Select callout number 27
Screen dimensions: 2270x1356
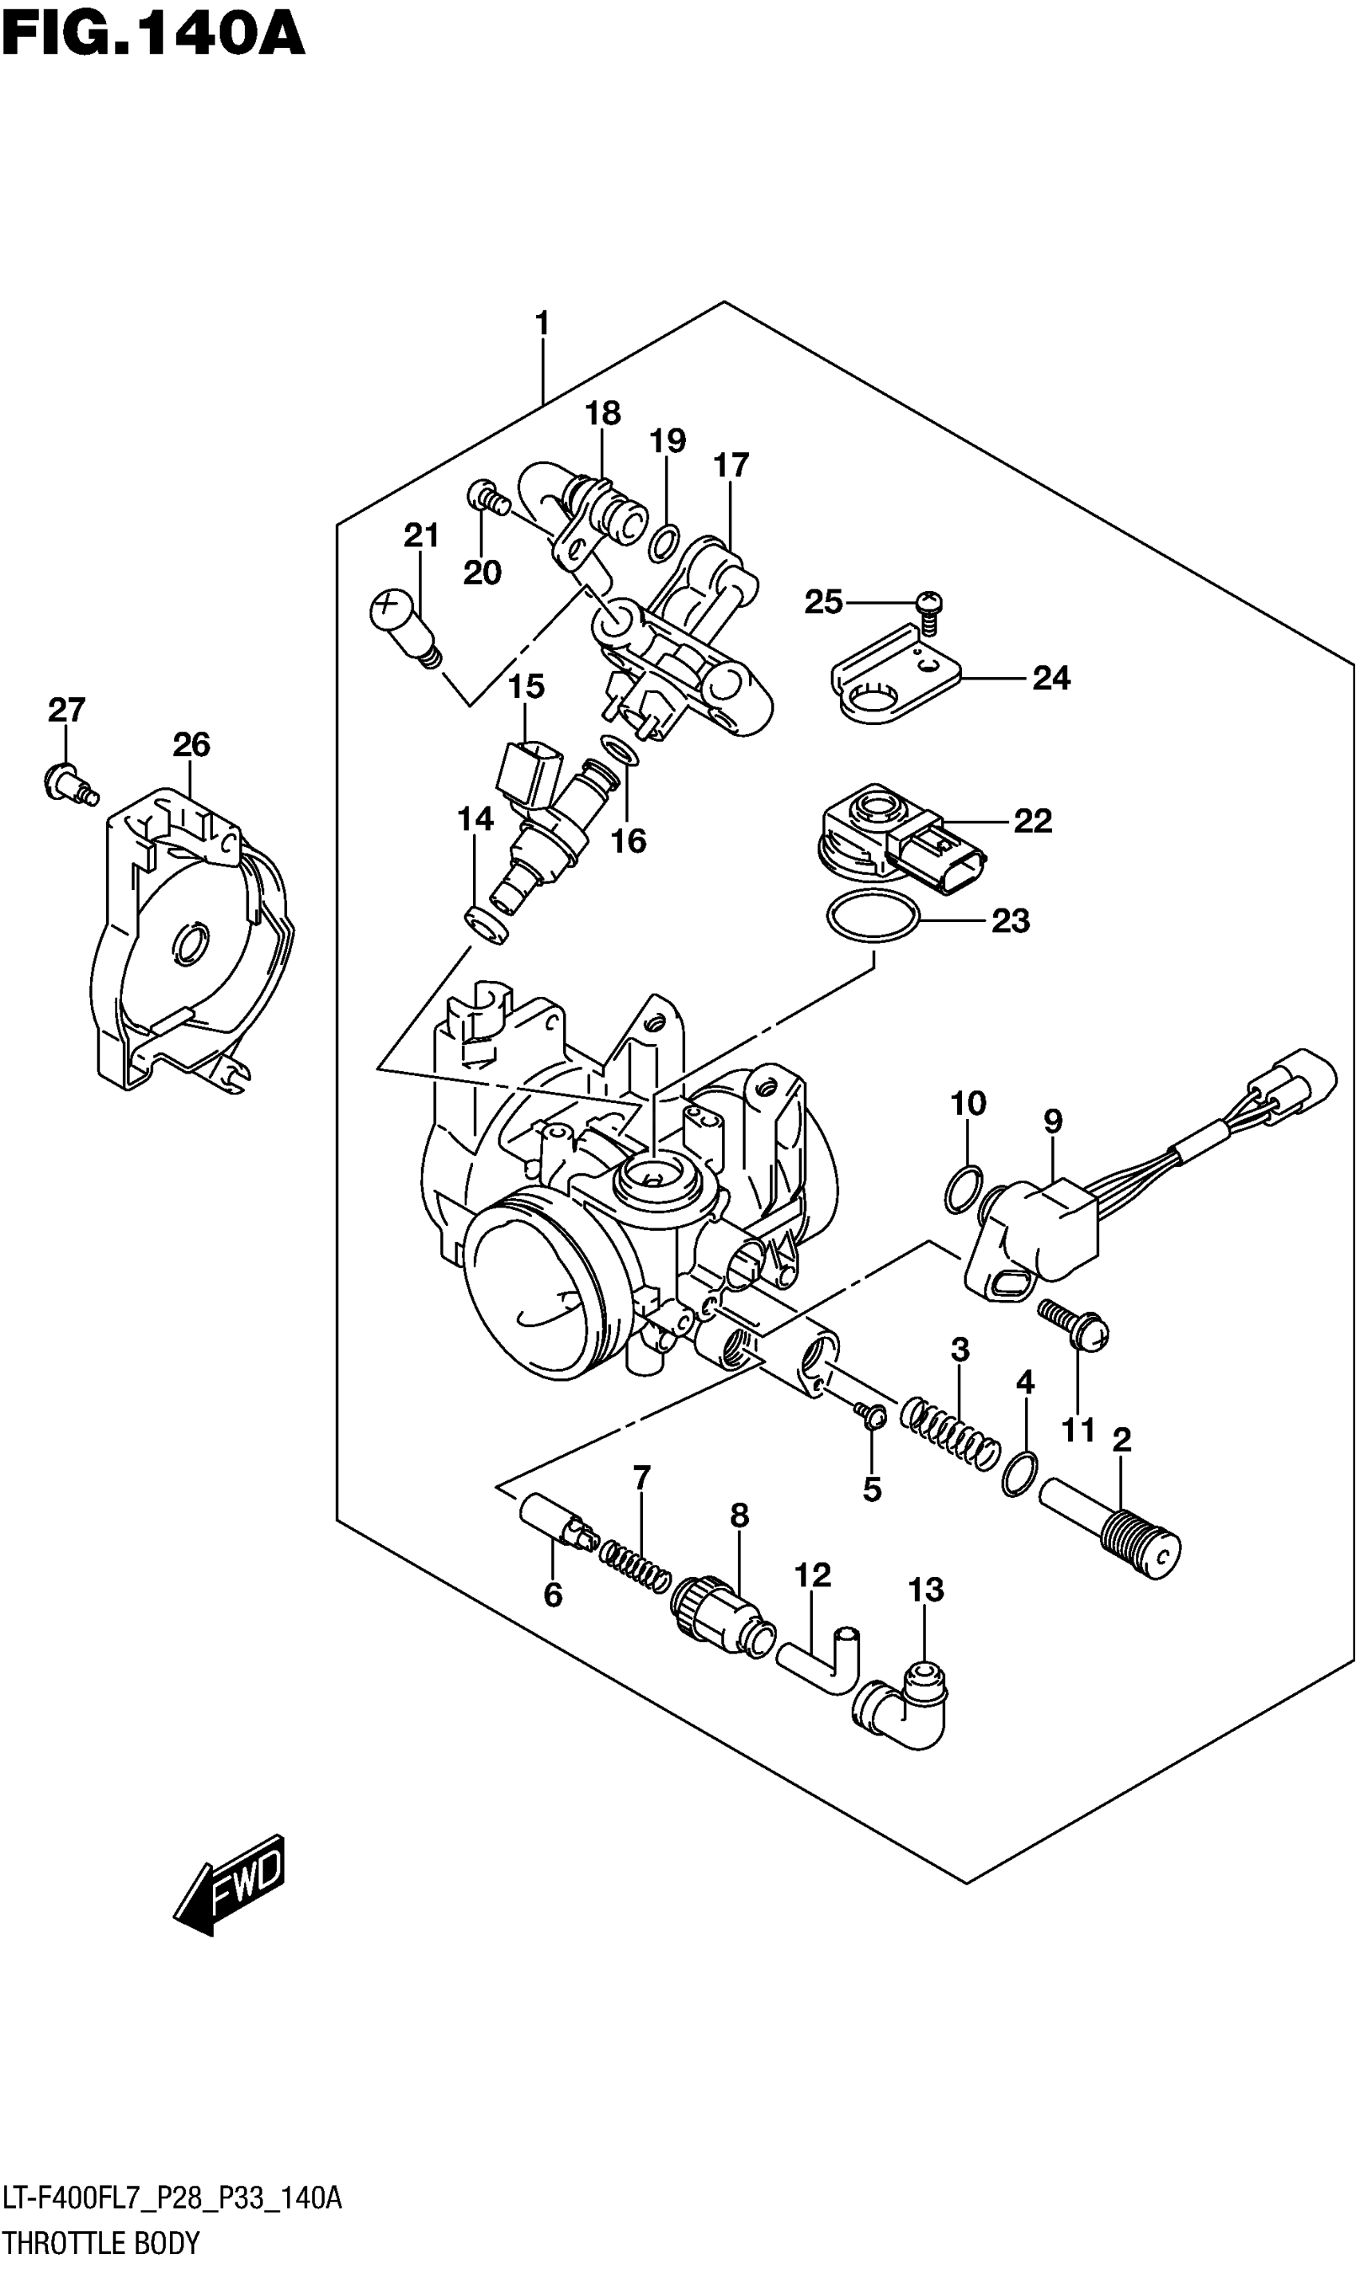(x=67, y=710)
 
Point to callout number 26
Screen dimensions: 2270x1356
(x=191, y=744)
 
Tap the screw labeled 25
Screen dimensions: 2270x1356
(x=928, y=609)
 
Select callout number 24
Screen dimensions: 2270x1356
(x=1051, y=678)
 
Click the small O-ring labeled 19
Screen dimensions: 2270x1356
(x=664, y=543)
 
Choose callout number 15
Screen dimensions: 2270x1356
(x=526, y=687)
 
